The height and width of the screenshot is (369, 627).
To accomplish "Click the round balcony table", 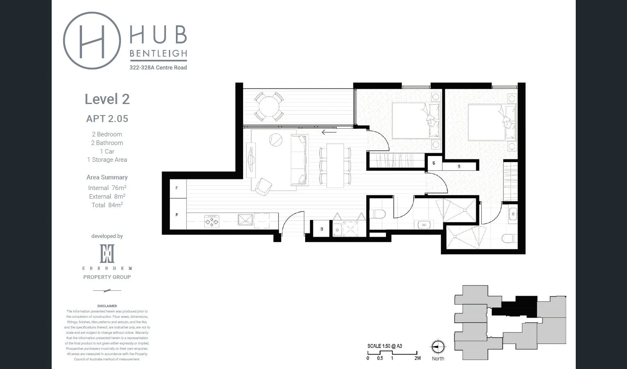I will (x=267, y=106).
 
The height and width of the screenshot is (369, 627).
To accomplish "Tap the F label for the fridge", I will (x=177, y=188).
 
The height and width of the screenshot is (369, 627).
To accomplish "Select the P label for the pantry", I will (x=177, y=215).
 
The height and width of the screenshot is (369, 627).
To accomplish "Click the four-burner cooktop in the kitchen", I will (x=212, y=222).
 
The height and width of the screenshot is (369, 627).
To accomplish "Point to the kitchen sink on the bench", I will (x=246, y=220).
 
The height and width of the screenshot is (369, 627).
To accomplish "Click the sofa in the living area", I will (x=299, y=160).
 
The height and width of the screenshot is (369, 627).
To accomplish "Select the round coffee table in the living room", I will (x=276, y=140).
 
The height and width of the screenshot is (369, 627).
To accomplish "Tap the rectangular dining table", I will (x=335, y=165).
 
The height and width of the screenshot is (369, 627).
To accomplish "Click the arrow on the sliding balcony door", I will (x=329, y=132).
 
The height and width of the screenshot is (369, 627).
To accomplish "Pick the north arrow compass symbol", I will (x=438, y=347).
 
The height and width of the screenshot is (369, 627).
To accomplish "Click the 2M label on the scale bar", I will (x=417, y=358).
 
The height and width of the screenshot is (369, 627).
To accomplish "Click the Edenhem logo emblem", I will (x=107, y=254).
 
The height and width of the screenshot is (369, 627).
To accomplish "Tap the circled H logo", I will (x=92, y=41).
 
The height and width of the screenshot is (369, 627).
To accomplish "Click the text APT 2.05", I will (x=107, y=119).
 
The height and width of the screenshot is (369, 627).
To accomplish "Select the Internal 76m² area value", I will (x=107, y=188).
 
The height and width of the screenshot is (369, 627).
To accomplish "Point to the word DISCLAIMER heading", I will (x=107, y=306).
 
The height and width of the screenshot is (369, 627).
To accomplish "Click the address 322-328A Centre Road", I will (x=158, y=68).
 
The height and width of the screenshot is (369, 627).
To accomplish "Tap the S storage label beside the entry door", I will (x=322, y=229).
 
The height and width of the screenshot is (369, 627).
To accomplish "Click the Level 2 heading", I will (x=107, y=99).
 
